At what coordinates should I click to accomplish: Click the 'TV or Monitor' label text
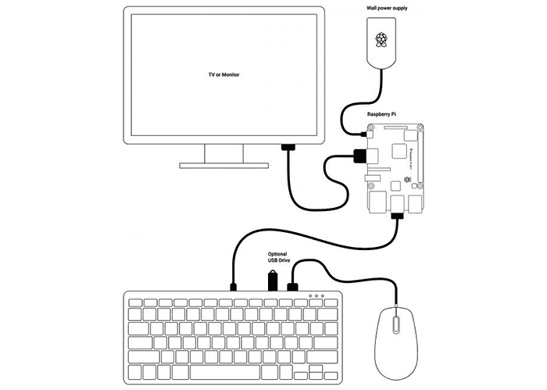click(223, 73)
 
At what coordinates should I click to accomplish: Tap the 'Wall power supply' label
click(388, 8)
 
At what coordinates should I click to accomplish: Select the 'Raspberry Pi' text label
click(385, 114)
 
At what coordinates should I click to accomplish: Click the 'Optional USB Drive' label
click(278, 257)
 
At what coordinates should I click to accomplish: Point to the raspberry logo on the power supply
click(382, 40)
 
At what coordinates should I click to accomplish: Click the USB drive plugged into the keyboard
click(272, 279)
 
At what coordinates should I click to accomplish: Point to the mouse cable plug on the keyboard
click(294, 285)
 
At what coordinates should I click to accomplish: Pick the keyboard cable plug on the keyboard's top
click(234, 286)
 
